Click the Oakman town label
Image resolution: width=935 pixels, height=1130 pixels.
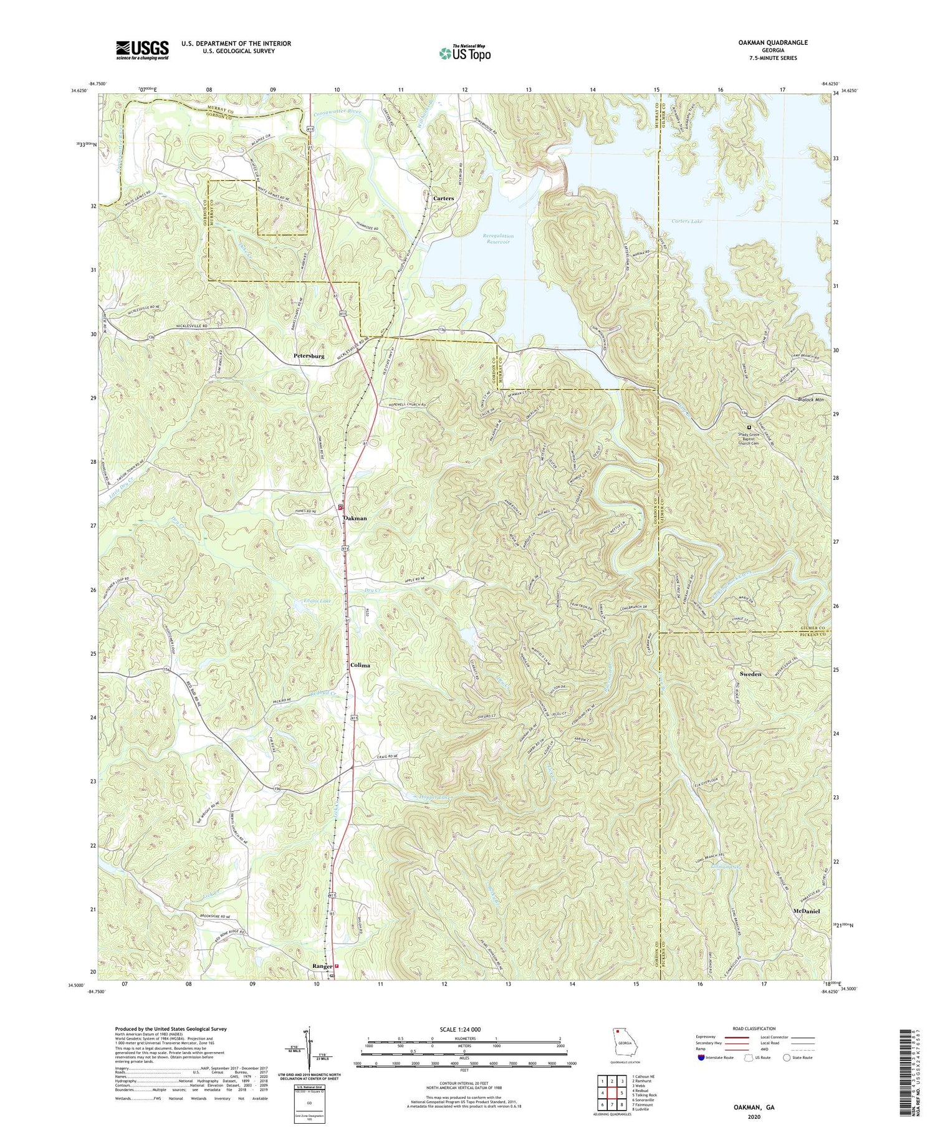coord(354,519)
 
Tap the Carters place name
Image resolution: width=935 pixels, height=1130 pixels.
coord(443,198)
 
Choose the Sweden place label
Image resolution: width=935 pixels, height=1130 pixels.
coord(750,674)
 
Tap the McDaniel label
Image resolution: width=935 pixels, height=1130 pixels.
coord(810,911)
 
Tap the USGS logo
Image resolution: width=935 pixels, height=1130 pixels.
coord(142,50)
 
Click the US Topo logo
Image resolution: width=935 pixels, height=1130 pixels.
coord(464,54)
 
